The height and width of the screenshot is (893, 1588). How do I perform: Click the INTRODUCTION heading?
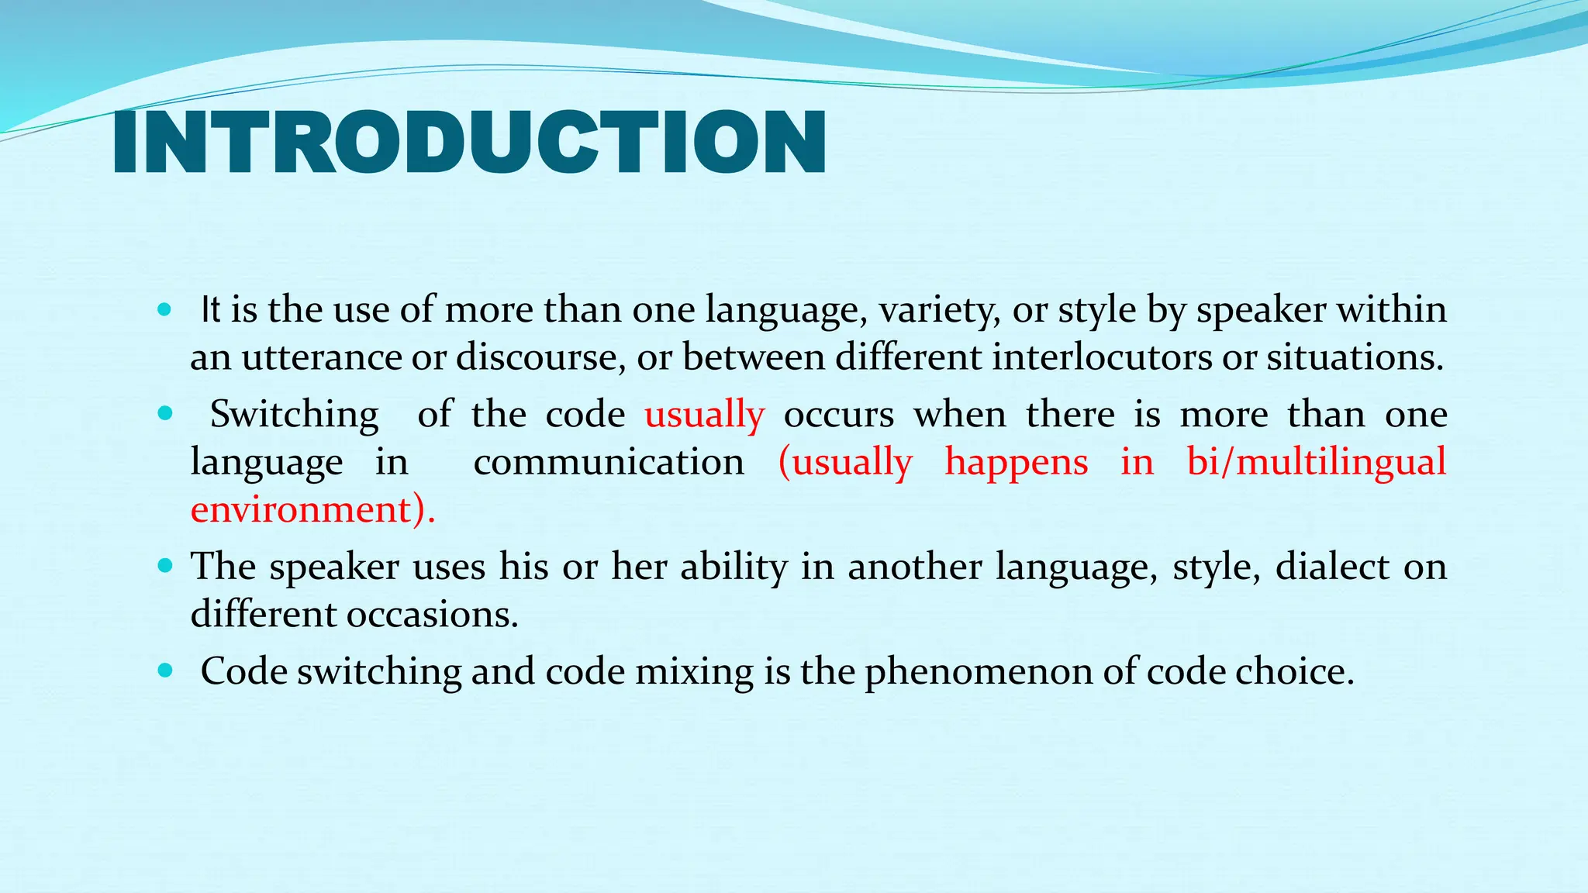469,143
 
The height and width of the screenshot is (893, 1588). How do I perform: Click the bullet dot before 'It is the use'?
164,310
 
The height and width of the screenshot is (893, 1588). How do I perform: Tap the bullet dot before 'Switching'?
164,414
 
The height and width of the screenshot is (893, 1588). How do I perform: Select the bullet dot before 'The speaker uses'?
164,566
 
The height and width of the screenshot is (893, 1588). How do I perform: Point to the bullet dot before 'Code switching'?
164,671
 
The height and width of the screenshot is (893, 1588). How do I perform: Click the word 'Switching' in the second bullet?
294,414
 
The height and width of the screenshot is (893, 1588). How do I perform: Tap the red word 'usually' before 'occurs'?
704,414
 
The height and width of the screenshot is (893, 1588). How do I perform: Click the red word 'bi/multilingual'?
1316,462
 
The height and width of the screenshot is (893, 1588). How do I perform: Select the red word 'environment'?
301,509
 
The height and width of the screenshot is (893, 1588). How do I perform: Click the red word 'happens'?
1016,462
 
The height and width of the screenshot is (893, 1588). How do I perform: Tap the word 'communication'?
609,462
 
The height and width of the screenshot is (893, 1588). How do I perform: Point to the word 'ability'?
734,567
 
